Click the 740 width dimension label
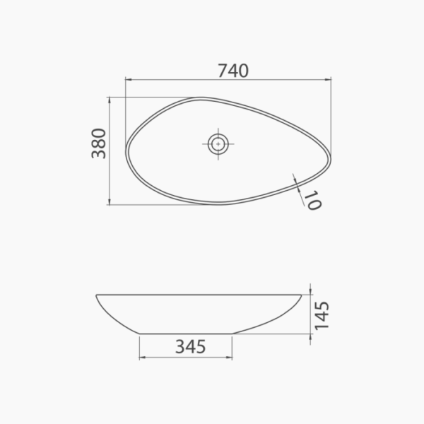coord(233,71)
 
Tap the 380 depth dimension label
coord(99,143)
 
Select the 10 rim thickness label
coord(313,200)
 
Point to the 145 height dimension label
coord(322,316)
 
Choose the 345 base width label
coord(191,347)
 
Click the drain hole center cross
coord(218,144)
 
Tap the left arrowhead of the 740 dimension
coord(129,79)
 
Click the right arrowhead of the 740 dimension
coord(328,79)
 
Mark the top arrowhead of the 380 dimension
coord(110,100)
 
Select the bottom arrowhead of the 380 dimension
coord(110,201)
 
